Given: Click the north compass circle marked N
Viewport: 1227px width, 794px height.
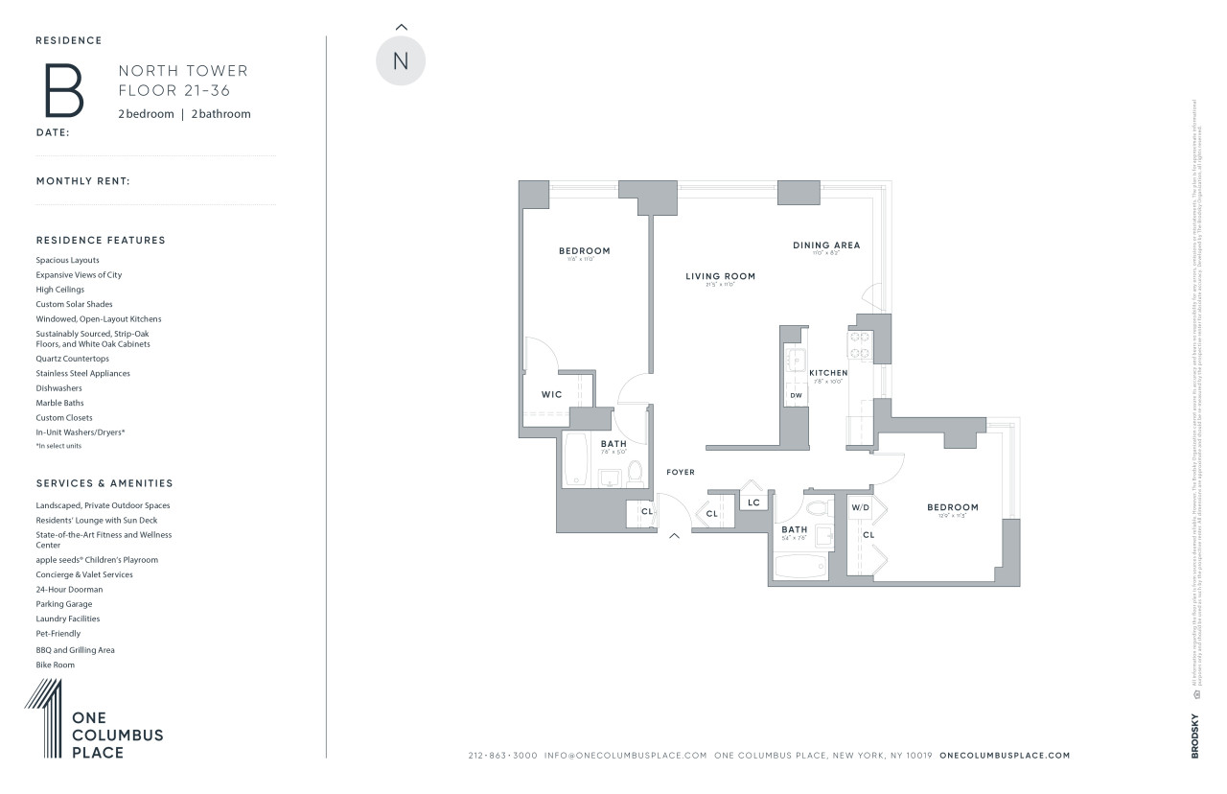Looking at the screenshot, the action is click(401, 60).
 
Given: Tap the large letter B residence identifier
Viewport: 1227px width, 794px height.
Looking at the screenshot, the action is click(64, 90).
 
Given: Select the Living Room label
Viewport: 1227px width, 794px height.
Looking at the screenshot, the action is click(720, 276).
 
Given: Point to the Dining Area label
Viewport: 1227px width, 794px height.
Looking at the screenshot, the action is click(825, 245).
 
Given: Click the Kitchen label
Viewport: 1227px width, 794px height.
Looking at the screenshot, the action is click(828, 372).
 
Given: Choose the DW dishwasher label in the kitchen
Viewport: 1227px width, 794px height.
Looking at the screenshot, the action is click(796, 395).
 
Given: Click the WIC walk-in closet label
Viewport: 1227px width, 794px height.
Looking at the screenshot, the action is click(551, 394).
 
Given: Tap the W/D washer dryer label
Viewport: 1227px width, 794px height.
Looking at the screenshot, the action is click(860, 506).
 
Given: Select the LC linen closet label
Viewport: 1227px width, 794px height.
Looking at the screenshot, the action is click(753, 502).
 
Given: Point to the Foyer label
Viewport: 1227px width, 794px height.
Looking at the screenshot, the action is click(681, 472).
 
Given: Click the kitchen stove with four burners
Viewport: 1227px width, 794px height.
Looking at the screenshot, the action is click(858, 344).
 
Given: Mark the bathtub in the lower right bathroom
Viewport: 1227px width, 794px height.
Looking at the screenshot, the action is click(800, 568).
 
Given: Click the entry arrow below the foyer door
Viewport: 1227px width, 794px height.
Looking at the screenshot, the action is click(674, 536).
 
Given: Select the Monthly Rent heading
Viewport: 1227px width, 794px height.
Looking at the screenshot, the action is click(82, 181).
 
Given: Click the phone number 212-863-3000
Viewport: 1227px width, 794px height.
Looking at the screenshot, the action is click(503, 756).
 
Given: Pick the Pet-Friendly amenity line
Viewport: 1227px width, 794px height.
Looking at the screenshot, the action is click(58, 634).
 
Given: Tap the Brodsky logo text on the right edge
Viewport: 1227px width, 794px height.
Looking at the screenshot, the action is click(1194, 736).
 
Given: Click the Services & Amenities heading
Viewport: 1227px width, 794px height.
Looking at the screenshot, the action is click(104, 483).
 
